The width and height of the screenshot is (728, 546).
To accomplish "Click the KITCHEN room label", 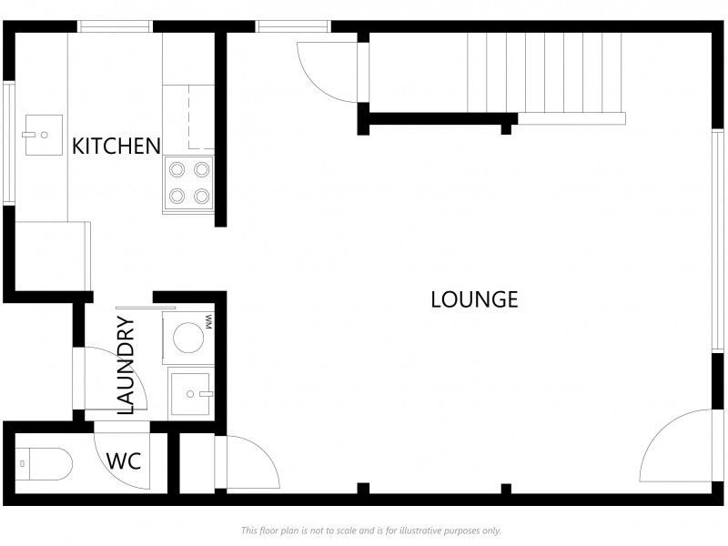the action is pyautogui.click(x=116, y=147).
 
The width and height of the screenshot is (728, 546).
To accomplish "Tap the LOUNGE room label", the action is pyautogui.click(x=474, y=299).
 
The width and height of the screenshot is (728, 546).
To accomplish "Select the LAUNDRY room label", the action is pyautogui.click(x=126, y=365).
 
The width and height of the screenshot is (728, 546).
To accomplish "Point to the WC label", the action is pyautogui.click(x=124, y=461).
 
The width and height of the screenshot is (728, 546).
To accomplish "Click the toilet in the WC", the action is pyautogui.click(x=44, y=463).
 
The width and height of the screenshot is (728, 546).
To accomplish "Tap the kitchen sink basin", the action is pyautogui.click(x=44, y=135).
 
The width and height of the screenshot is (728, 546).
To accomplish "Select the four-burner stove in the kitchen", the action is pyautogui.click(x=188, y=183).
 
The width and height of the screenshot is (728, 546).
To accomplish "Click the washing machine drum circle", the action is pyautogui.click(x=188, y=338).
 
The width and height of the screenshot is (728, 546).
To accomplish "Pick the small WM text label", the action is pyautogui.click(x=208, y=322).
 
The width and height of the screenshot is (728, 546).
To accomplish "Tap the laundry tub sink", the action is pyautogui.click(x=191, y=393).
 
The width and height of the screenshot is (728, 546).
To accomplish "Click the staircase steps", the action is pyautogui.click(x=544, y=73).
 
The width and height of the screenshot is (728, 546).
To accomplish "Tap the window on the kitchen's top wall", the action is pyautogui.click(x=115, y=26).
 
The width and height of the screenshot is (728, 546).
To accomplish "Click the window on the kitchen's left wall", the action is pyautogui.click(x=9, y=143).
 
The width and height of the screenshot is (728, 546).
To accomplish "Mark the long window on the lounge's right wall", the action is pyautogui.click(x=718, y=240).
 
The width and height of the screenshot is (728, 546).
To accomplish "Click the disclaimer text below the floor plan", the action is pyautogui.click(x=371, y=531).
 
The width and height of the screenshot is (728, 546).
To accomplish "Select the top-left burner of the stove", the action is pyautogui.click(x=177, y=169).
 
